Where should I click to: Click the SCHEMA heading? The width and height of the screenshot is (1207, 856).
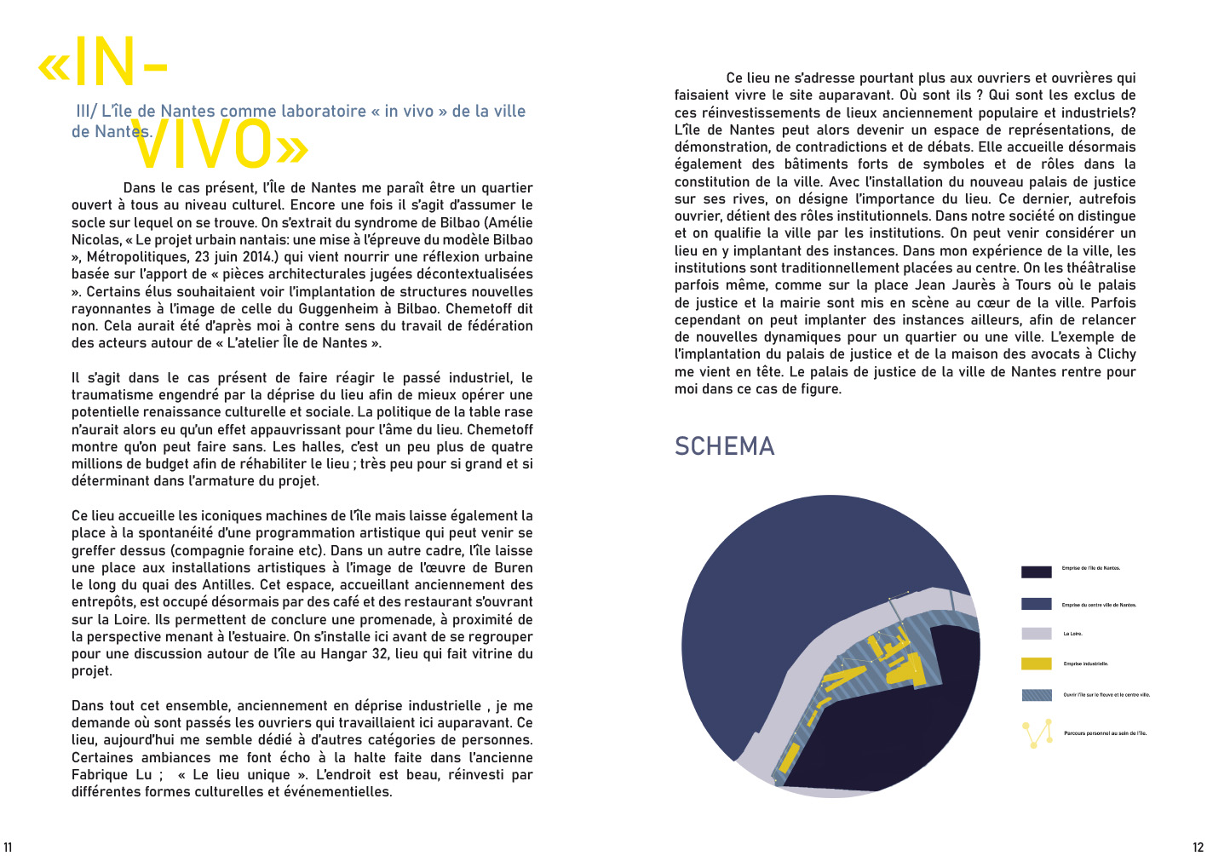pyautogui.click(x=724, y=446)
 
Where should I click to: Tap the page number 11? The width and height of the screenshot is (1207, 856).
pyautogui.click(x=8, y=847)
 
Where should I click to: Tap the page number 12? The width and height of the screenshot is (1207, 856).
pyautogui.click(x=1198, y=847)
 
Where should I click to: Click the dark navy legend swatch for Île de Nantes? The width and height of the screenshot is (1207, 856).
pyautogui.click(x=1036, y=572)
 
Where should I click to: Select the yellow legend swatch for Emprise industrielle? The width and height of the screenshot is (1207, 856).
pyautogui.click(x=1036, y=664)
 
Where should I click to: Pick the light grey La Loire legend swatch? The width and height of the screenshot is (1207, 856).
pyautogui.click(x=1036, y=634)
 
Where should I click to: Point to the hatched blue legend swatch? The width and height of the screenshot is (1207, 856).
pyautogui.click(x=1036, y=695)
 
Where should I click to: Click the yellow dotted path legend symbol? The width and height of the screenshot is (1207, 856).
pyautogui.click(x=1037, y=733)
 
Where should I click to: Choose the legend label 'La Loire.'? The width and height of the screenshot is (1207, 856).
pyautogui.click(x=1072, y=634)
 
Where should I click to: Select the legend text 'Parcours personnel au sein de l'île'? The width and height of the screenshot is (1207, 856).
pyautogui.click(x=1105, y=732)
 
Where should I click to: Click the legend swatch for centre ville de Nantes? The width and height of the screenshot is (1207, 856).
pyautogui.click(x=1036, y=604)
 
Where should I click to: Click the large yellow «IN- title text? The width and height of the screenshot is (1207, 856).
pyautogui.click(x=103, y=62)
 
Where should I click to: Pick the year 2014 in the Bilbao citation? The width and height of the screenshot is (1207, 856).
pyautogui.click(x=254, y=256)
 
